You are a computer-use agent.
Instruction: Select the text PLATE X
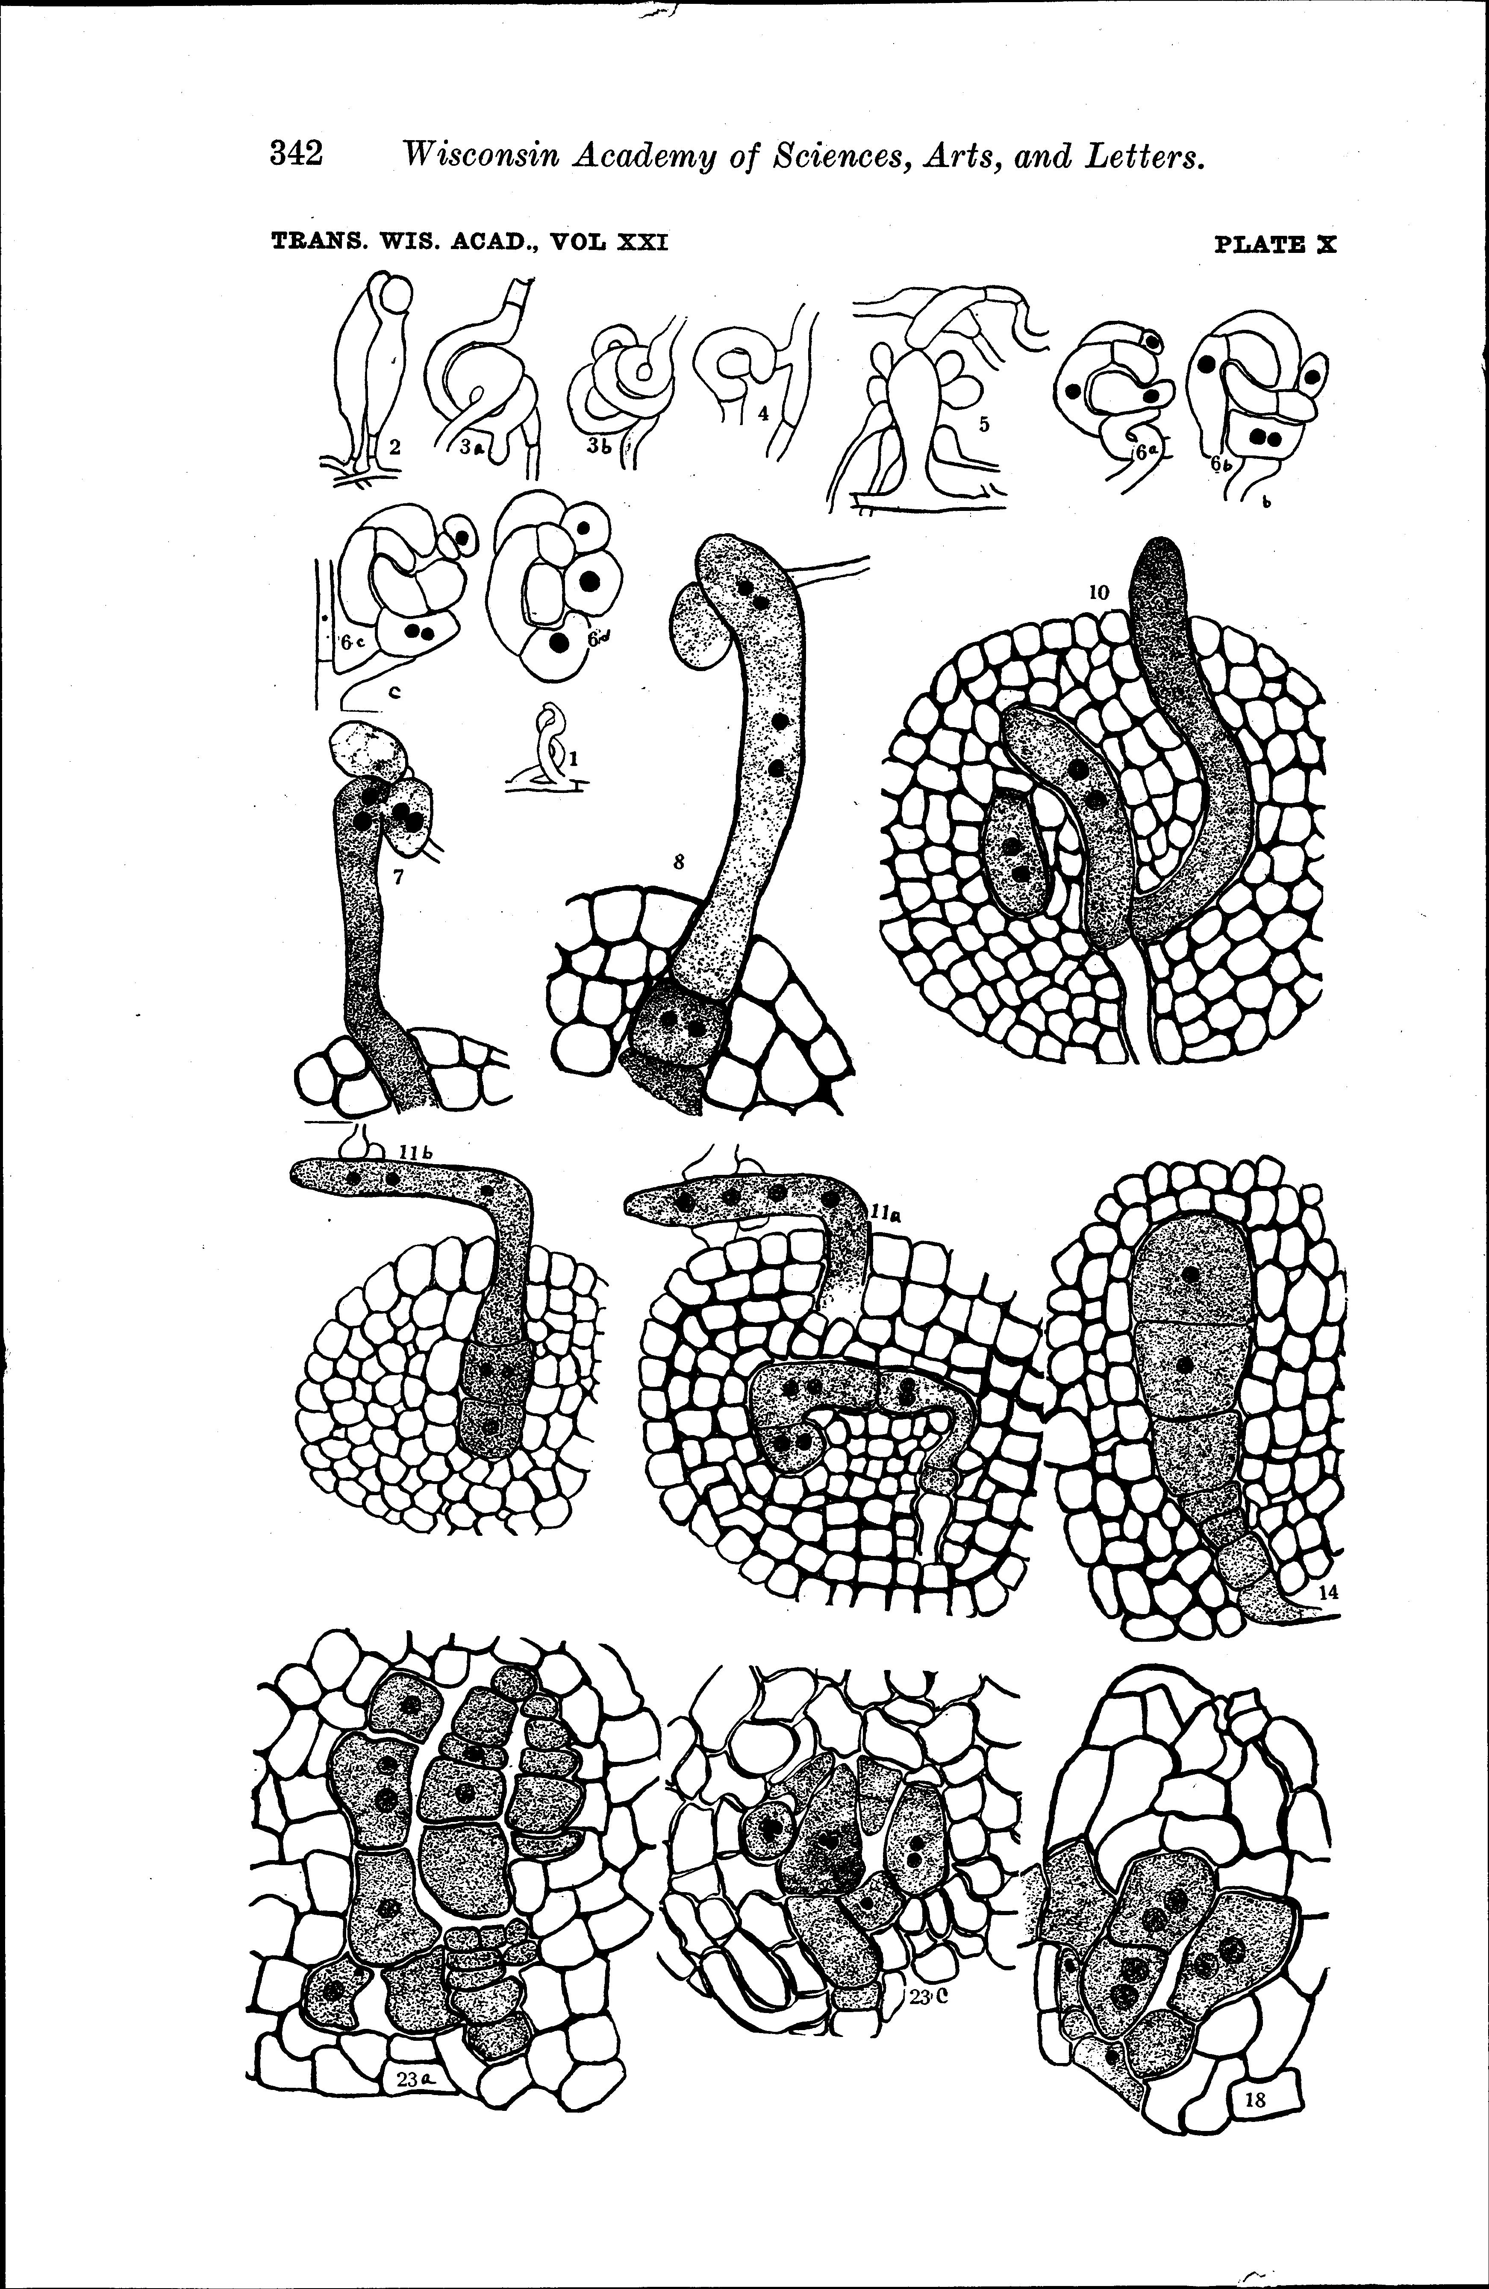click(1275, 244)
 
